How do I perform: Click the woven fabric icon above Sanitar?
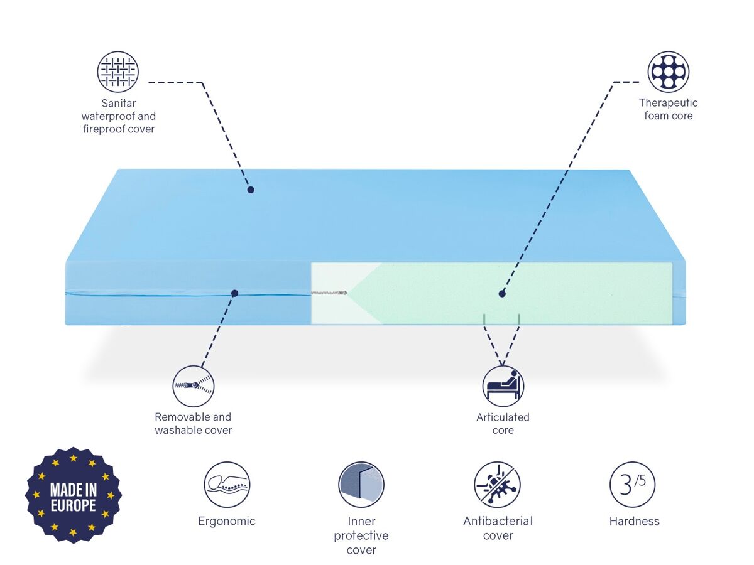point(118,72)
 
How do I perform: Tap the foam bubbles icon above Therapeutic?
point(668,72)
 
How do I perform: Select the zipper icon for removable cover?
point(194,386)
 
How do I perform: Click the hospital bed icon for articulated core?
point(503,386)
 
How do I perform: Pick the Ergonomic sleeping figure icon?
point(227,485)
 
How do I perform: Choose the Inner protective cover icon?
point(361,485)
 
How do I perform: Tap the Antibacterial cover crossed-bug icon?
point(497,485)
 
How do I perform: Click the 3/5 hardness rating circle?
point(632,485)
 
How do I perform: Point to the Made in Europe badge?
point(73,495)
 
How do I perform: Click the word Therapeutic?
point(668,103)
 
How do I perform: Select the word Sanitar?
point(119,103)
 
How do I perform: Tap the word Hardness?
point(634,522)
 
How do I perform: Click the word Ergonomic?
point(227,522)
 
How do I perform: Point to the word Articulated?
point(503,417)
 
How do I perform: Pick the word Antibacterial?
point(498,521)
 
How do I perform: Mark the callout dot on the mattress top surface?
point(251,190)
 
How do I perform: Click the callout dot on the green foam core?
point(502,294)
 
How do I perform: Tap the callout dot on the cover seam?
point(234,293)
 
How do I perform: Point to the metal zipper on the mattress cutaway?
point(329,293)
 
